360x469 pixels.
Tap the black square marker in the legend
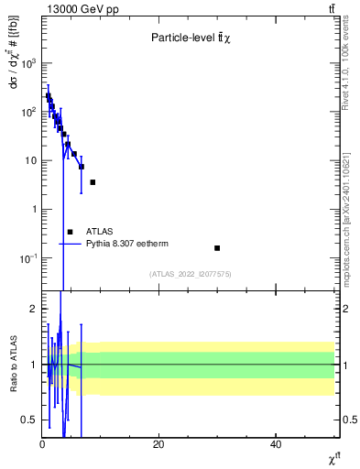[70, 232]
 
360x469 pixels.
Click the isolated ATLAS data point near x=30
[217, 248]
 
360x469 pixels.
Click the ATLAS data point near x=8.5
[93, 182]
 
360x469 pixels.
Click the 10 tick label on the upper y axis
[28, 160]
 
